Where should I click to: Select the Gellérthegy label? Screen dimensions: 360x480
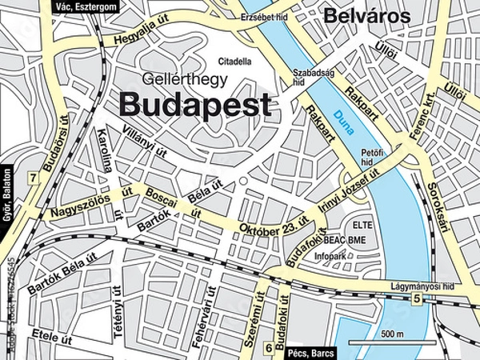[x=184, y=79]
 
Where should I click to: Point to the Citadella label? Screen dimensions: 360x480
[x=235, y=61]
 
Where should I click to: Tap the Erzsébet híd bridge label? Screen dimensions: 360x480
[x=263, y=16]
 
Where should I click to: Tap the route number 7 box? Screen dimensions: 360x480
[x=32, y=178]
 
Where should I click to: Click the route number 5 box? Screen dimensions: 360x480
[x=417, y=299]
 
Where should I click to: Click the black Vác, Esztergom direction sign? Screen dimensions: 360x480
[x=87, y=6]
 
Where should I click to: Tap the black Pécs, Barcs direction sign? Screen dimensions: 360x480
[x=310, y=353]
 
